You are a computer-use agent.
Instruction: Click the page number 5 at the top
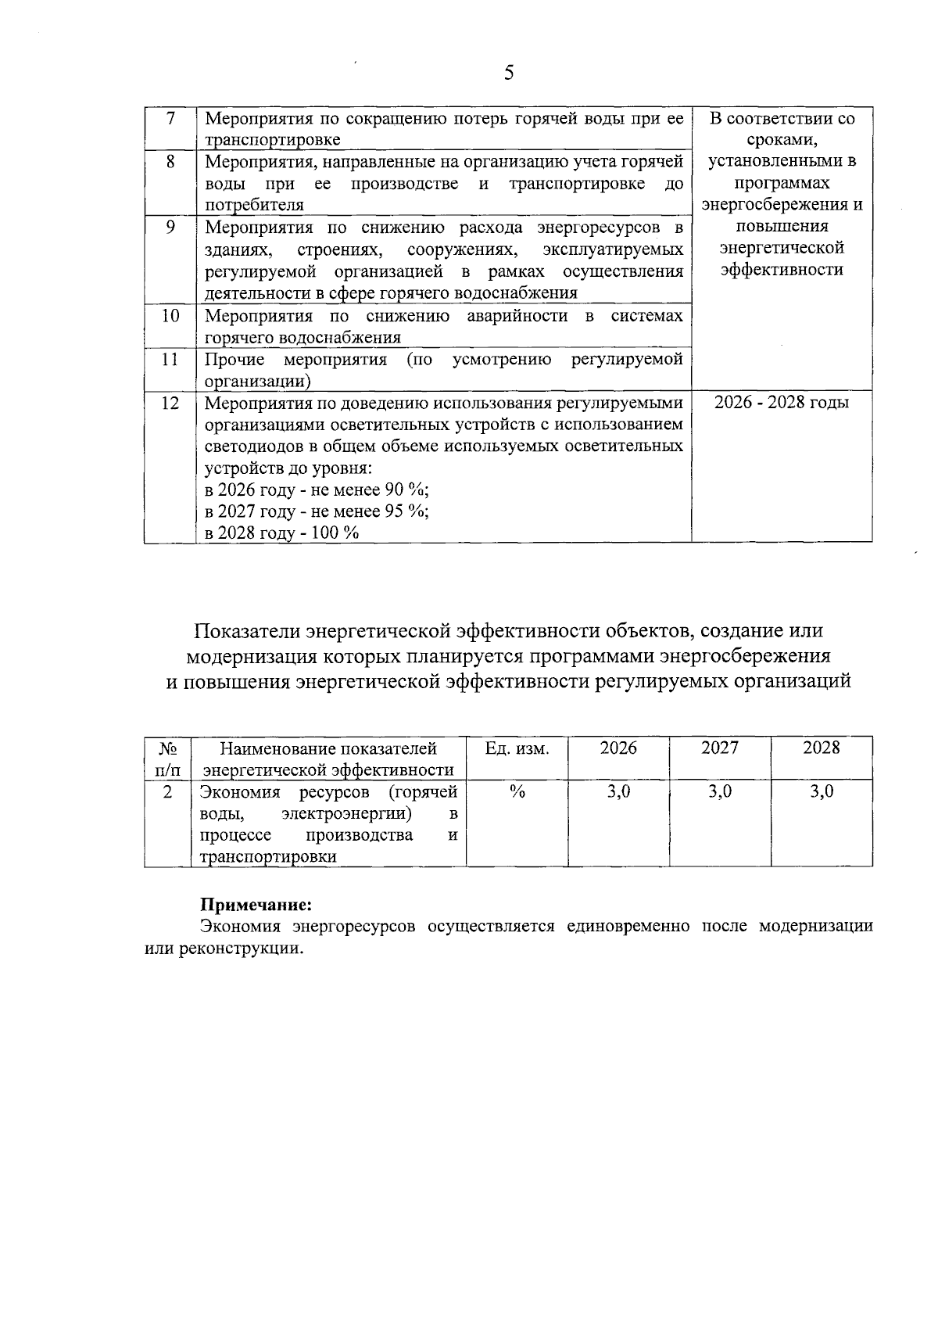[509, 74]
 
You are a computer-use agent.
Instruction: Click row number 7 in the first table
[170, 118]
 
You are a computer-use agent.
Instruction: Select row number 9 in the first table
[170, 227]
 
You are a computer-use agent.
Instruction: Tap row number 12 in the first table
[170, 403]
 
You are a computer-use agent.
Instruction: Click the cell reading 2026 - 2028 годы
[782, 403]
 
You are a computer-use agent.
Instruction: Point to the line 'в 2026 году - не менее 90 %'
[317, 490]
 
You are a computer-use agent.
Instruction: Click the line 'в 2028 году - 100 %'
[281, 533]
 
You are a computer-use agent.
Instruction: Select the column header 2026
[618, 748]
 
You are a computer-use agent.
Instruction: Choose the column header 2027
[719, 748]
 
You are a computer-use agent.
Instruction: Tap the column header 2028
[821, 748]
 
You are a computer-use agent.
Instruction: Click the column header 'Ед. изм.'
[517, 748]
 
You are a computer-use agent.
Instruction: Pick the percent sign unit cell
[517, 791]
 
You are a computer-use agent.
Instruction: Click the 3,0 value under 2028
[821, 791]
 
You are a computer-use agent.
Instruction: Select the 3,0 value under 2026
[618, 791]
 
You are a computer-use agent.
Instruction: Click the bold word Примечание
[256, 905]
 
